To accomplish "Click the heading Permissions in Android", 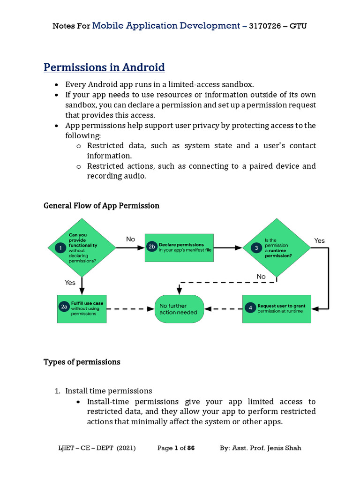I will tap(104, 67).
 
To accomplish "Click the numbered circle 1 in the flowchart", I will tap(60, 248).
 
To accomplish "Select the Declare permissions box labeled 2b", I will tap(179, 247).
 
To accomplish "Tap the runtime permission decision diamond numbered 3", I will tap(276, 248).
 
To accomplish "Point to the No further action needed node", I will tap(179, 309).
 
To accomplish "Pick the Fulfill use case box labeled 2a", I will tap(82, 308).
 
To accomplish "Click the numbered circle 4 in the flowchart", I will tap(250, 308).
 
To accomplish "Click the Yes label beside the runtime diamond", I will tap(319, 240).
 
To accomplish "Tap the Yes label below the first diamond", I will tap(70, 282).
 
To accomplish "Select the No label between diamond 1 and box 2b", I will tap(130, 239).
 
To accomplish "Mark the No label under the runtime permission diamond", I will tap(261, 277).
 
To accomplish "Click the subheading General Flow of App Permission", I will tap(101, 206).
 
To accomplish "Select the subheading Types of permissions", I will tap(82, 362).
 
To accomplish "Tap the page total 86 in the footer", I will tap(191, 448).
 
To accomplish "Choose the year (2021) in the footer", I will tap(125, 448).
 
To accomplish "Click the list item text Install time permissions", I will tap(109, 390).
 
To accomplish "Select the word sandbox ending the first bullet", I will tap(238, 84).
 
